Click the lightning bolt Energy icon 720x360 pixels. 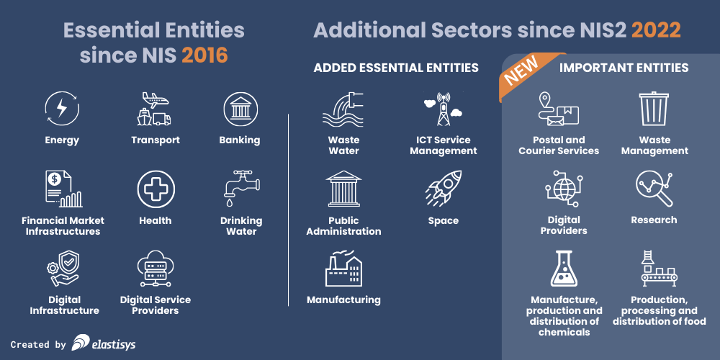[62, 109]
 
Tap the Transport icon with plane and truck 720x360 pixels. [155, 109]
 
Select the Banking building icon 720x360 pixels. [240, 109]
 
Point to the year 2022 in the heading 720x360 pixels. [656, 30]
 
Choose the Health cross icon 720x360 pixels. [156, 189]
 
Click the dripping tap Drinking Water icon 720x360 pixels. [240, 189]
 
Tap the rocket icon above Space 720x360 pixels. [443, 189]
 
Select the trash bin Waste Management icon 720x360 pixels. [654, 109]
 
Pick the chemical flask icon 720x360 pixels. [564, 269]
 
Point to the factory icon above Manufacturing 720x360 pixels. [343, 269]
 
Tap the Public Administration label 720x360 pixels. [343, 225]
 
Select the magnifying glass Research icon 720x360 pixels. [654, 189]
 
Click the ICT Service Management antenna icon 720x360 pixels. [443, 109]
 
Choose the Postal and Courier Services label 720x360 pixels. [559, 145]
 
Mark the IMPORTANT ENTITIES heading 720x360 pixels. [624, 68]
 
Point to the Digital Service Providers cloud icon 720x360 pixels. [156, 269]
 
